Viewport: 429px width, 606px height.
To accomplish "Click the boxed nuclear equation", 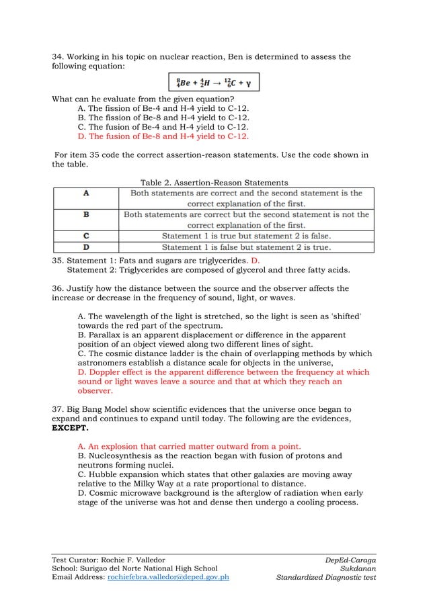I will (x=213, y=83).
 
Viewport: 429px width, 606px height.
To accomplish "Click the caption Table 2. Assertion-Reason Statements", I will (x=214, y=183).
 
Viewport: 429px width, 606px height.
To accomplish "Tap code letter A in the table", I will (x=86, y=193).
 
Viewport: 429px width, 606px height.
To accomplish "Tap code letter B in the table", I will (x=86, y=215).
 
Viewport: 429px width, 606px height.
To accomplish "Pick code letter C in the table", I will (x=86, y=236).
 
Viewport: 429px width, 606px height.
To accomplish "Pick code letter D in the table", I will (x=86, y=247).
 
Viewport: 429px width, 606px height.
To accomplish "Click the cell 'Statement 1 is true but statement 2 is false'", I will (x=246, y=236).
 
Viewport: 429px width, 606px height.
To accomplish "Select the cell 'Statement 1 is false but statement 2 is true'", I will (x=246, y=247).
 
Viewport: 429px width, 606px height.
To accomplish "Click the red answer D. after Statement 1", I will (x=255, y=259).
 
